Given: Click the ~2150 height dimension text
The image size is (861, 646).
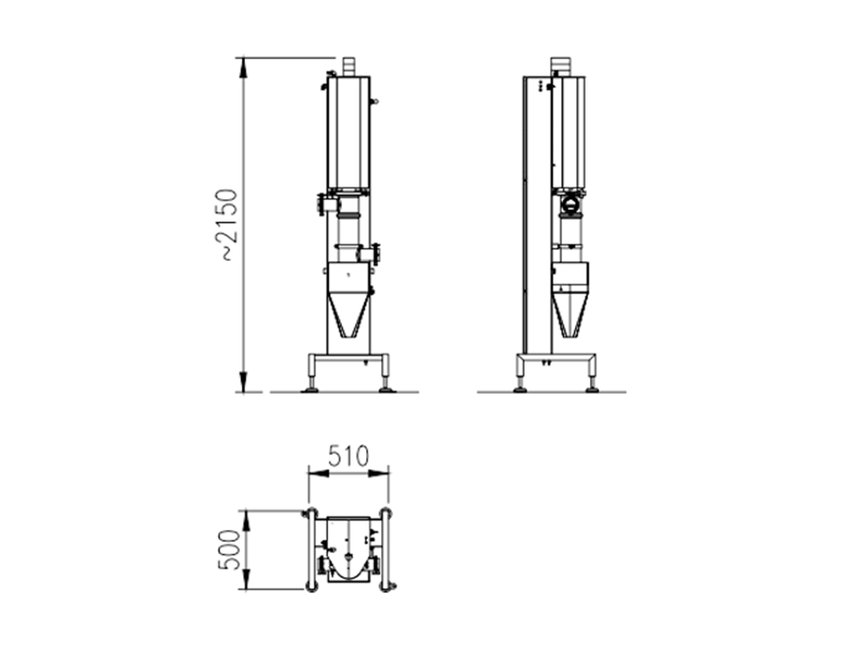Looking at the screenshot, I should (230, 224).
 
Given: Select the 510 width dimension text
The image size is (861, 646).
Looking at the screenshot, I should (348, 456).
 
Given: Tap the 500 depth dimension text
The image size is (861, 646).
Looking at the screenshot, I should (229, 549).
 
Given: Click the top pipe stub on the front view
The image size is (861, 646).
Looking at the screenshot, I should (349, 66).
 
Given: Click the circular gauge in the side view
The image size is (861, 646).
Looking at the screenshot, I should (570, 204).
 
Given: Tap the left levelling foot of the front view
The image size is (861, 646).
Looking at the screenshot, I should (310, 387).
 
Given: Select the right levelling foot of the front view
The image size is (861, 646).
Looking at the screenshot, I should (386, 387).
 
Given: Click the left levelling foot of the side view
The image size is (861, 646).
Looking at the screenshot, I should (520, 387).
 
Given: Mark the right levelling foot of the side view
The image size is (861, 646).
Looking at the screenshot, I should (592, 387).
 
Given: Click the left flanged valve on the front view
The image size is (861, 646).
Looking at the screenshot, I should (321, 205).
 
